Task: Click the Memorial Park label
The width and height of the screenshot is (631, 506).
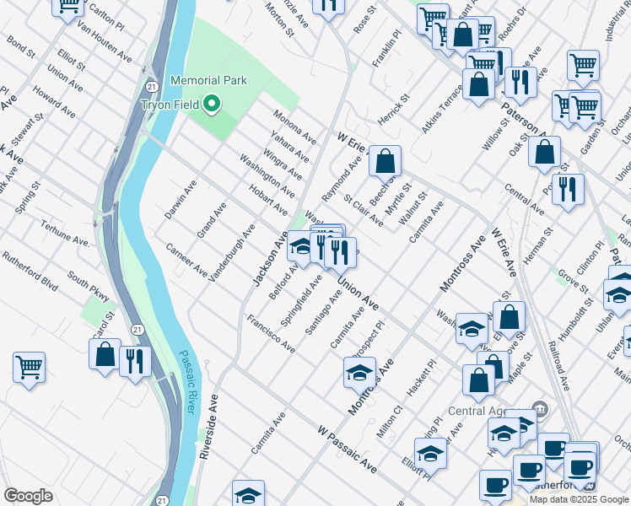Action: click(208, 80)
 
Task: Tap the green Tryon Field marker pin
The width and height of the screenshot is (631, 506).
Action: click(212, 105)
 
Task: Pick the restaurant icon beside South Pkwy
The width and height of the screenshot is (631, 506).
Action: click(135, 362)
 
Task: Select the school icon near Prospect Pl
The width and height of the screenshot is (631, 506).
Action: click(359, 371)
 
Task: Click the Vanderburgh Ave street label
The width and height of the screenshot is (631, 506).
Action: click(231, 252)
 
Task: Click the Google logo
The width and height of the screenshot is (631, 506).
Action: click(28, 495)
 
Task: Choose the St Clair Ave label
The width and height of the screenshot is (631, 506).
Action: click(364, 212)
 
